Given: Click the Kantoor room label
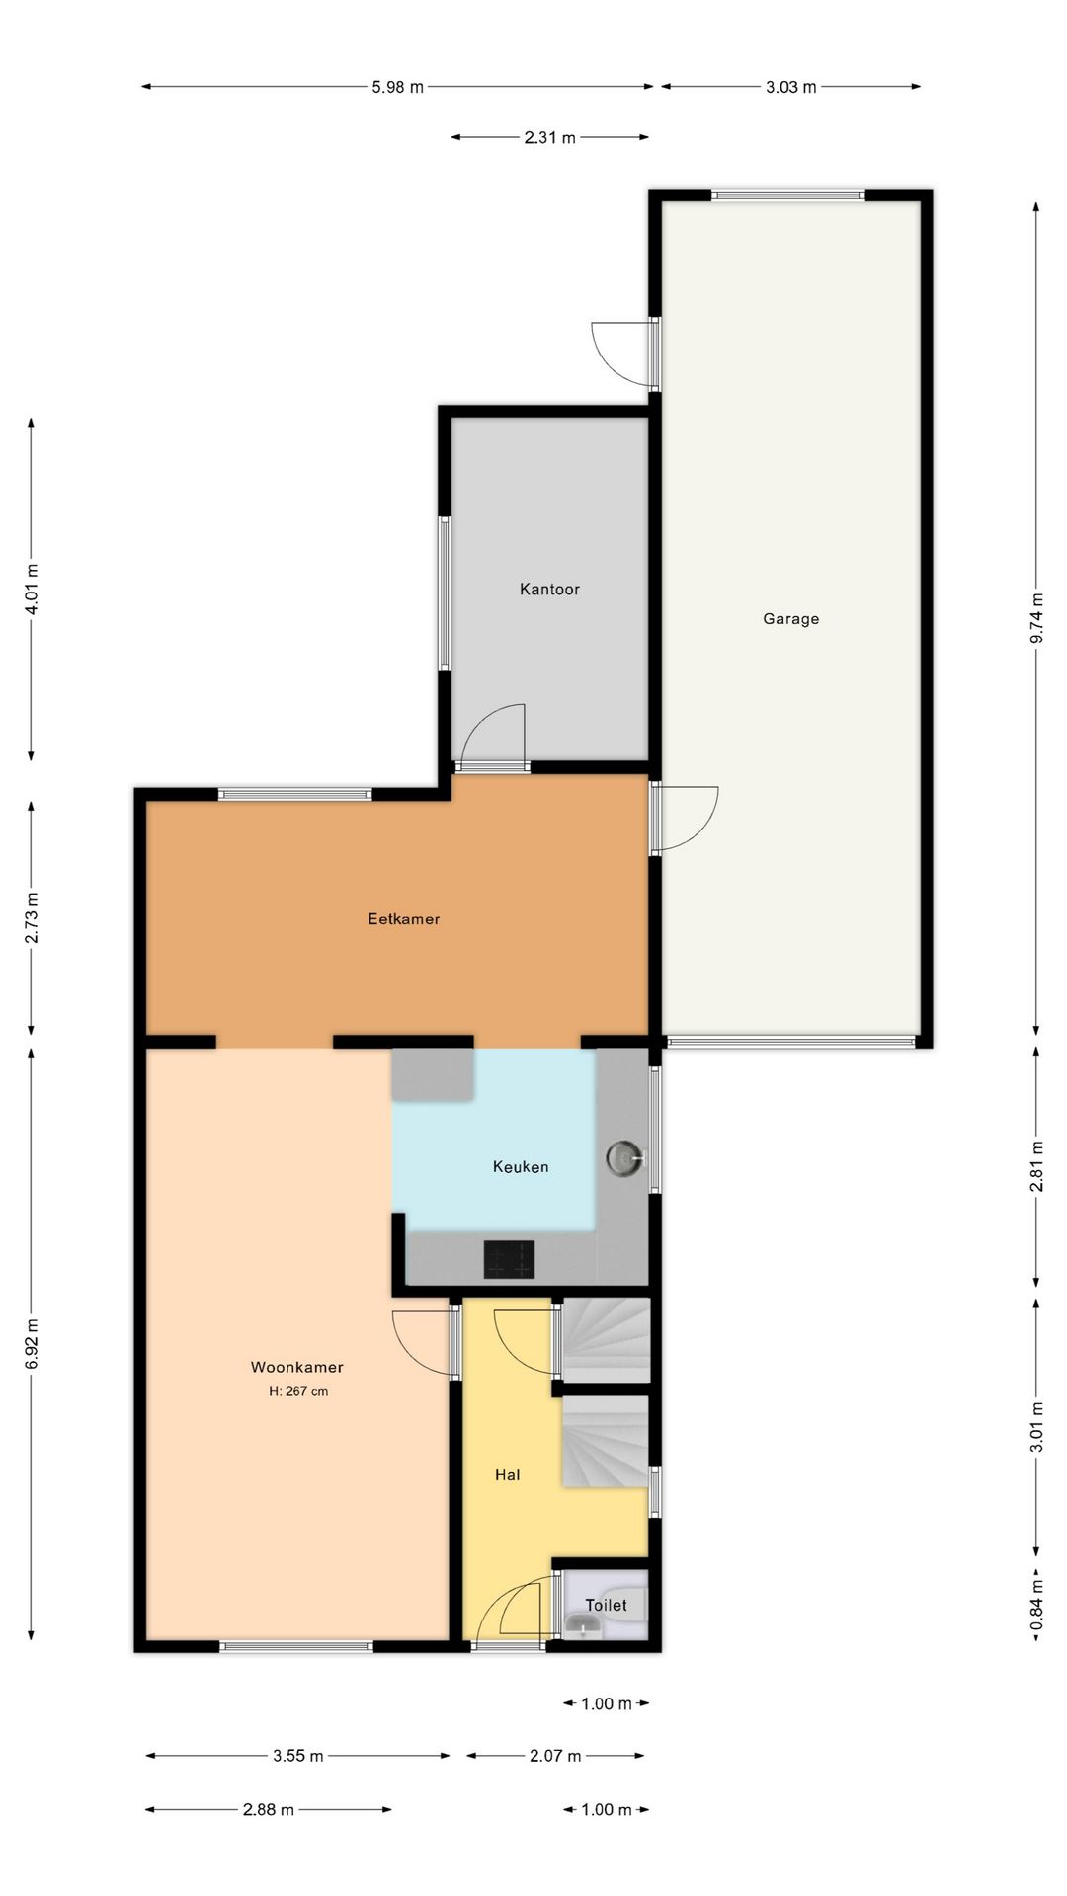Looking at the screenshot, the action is point(549,590).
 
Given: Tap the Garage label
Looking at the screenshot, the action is point(790,619).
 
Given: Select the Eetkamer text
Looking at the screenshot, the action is point(403,919).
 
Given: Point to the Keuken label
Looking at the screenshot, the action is point(521,1167).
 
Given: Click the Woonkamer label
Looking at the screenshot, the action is point(296,1368).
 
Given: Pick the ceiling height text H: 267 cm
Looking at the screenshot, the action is point(298,1392).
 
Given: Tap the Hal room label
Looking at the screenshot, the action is point(507,1475).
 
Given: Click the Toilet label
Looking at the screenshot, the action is point(606,1606).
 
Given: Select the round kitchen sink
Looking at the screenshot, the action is point(624,1157).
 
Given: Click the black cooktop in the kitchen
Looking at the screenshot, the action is point(509,1259).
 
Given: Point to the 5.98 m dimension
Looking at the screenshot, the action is point(397,87).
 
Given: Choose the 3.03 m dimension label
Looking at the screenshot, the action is point(790,87).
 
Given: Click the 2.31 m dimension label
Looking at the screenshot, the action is point(549,138).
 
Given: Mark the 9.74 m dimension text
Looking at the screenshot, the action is point(1036,618).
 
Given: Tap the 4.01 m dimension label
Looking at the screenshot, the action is point(32,590).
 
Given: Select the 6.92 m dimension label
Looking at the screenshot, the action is point(32,1344).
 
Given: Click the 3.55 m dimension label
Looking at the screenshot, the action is point(298,1756).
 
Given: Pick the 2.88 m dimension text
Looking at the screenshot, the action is point(268,1810).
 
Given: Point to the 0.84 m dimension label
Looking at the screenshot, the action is point(1036,1607).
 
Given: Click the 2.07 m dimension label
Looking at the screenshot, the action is point(555,1756).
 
